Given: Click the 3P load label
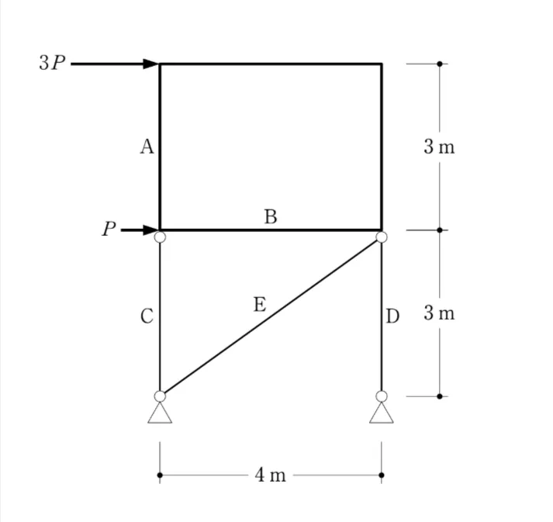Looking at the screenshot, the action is point(52,63).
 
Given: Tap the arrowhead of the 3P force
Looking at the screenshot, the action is point(152,64).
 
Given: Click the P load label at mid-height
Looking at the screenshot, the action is point(109,229).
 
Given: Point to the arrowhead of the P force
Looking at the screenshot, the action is point(152,230).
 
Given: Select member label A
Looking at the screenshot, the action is point(147,147).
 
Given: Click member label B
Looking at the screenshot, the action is point(271,216).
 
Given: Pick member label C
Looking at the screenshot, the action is point(147,316).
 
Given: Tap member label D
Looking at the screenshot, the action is point(393,316).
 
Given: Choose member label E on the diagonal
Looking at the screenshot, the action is point(260,304).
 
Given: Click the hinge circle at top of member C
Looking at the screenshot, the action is point(160,237).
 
